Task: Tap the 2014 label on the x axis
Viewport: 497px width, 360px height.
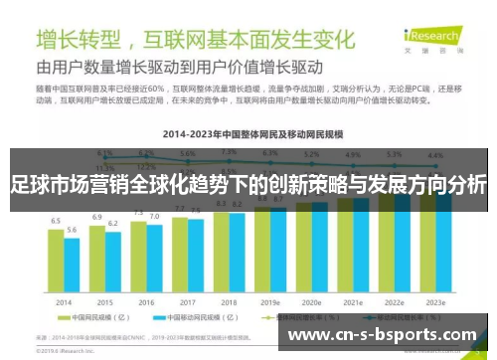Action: click(63, 302)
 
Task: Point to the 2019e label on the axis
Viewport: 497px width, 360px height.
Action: click(270, 302)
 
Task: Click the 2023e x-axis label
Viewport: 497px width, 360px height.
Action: click(435, 302)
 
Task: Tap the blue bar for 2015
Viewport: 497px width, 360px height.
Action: click(112, 262)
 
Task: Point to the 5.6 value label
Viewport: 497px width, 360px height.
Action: click(72, 230)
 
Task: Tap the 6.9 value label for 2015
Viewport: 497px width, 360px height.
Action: click(97, 216)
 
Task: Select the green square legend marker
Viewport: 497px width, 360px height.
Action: click(49, 319)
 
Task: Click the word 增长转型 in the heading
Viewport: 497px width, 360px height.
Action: click(79, 41)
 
